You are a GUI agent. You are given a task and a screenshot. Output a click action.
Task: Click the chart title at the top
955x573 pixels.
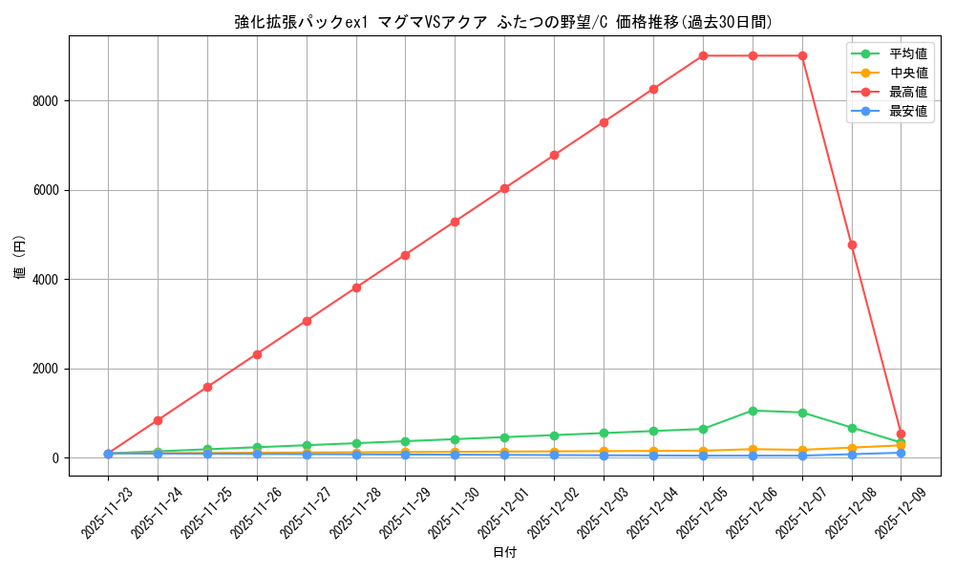pos(503,22)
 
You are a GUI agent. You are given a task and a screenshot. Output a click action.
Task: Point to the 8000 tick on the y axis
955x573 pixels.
pos(46,101)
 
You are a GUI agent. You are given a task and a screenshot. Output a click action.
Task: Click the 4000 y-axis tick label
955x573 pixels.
pos(46,280)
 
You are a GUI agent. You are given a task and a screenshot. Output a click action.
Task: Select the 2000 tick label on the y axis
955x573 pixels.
pos(46,369)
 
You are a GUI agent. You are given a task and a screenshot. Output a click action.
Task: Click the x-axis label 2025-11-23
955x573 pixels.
pos(106,513)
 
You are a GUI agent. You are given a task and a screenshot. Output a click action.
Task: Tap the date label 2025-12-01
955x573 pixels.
pos(502,513)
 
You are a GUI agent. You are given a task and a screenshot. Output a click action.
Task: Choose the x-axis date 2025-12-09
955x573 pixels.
pos(899,513)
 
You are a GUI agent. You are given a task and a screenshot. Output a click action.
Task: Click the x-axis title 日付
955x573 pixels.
pos(504,553)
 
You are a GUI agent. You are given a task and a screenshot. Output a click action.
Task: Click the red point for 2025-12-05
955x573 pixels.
pos(703,55)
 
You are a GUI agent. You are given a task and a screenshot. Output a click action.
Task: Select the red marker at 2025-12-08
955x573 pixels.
pos(852,244)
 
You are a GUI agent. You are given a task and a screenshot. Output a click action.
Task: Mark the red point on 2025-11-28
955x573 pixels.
pos(356,287)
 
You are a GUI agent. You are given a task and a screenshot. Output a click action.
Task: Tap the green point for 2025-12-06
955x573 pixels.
pos(753,411)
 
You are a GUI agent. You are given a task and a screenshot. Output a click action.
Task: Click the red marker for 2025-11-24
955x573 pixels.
pos(158,420)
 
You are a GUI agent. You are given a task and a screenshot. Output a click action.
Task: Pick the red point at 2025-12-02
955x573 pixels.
pos(554,155)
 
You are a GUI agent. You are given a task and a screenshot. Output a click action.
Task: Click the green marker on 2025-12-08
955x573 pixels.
pos(852,428)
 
